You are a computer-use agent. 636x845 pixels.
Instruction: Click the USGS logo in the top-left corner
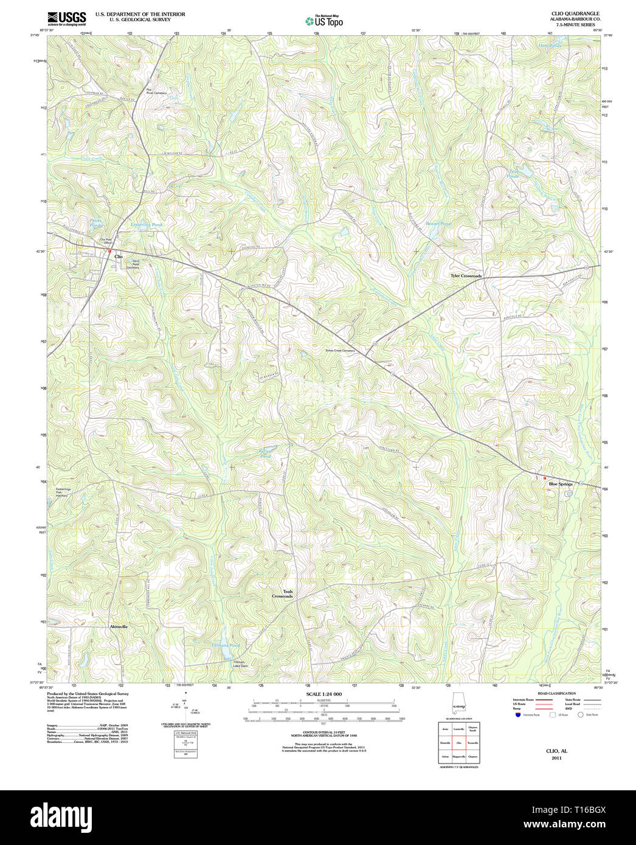[x=66, y=18]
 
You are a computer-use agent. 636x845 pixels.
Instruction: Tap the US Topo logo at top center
[x=323, y=21]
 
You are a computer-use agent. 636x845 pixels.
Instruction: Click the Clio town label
[x=118, y=257]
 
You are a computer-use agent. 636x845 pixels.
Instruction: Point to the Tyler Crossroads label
[x=466, y=276]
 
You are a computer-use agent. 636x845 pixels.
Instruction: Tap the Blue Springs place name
[x=561, y=484]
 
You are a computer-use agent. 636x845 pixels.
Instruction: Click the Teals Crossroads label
[x=283, y=594]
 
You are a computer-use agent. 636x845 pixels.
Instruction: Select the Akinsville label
[x=119, y=626]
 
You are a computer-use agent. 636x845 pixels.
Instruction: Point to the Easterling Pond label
[x=147, y=225]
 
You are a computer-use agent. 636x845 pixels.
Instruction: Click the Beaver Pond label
[x=438, y=224]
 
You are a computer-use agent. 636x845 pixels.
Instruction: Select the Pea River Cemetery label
[x=156, y=92]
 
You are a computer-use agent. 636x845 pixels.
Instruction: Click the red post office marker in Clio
[x=109, y=250]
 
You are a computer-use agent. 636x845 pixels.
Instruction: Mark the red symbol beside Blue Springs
[x=545, y=478]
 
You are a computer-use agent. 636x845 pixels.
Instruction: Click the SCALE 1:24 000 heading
[x=323, y=694]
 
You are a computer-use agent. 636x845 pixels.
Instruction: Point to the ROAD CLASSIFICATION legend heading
[x=556, y=694]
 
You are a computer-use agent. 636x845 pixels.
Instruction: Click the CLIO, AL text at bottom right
[x=556, y=751]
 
